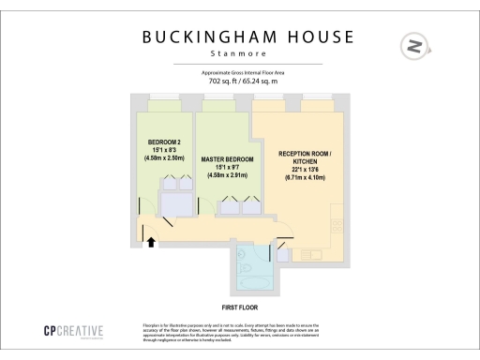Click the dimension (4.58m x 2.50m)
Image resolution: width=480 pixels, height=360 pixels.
[x=163, y=157]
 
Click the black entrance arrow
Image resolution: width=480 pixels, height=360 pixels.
[x=150, y=242]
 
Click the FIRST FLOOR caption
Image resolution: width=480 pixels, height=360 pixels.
[x=240, y=307]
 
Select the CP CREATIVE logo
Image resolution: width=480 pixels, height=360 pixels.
[x=72, y=330]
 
